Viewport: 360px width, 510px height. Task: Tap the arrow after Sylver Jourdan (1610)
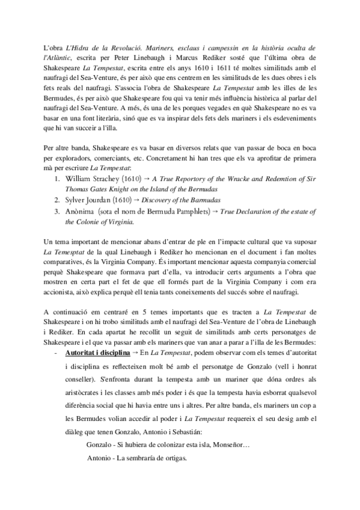[136, 200]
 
